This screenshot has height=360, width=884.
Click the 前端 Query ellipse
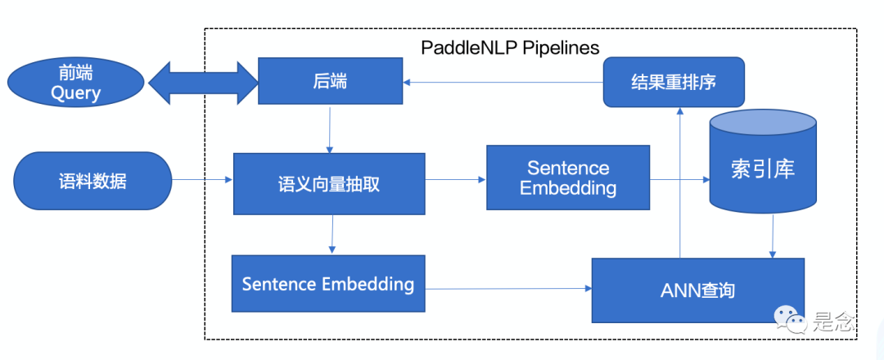coord(75,82)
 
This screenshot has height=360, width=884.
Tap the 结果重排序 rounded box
coord(674,82)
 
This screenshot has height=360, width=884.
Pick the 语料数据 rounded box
coord(92,181)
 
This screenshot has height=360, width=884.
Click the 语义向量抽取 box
coord(329,183)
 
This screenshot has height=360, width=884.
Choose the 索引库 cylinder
coord(762,168)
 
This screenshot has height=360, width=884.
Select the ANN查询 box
coord(697,290)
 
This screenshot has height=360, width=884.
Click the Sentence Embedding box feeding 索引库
coord(567,178)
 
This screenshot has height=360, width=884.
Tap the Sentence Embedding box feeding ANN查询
coord(328,284)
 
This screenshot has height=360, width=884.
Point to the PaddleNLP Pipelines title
coord(510,46)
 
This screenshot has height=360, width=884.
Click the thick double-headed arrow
coord(201,82)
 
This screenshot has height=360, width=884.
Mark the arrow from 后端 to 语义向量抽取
coord(329,129)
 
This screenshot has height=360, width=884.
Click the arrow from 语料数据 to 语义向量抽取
coord(201,180)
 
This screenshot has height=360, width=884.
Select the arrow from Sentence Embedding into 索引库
coord(679,179)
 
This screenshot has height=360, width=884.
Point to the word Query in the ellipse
coord(75,92)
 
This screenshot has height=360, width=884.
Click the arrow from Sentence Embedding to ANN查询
coord(508,288)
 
